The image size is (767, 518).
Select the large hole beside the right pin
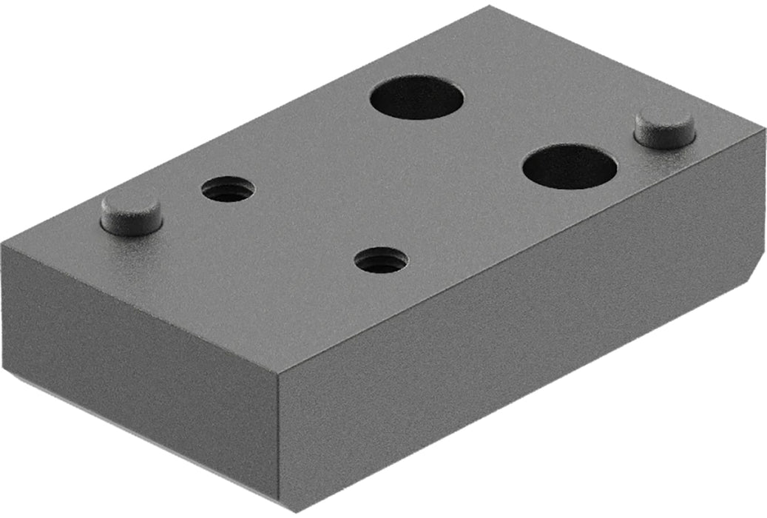[570, 166]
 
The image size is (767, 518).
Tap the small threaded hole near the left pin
[228, 189]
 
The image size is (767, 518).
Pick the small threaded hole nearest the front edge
[381, 260]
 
